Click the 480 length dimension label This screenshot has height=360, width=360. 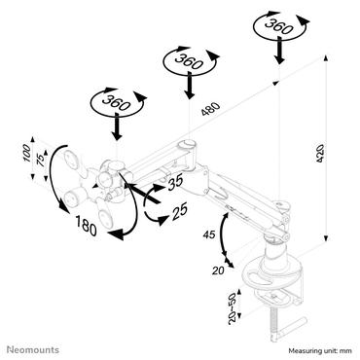point(208,109)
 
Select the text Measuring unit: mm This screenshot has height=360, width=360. point(310,345)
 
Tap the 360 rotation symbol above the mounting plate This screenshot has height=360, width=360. point(114,102)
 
